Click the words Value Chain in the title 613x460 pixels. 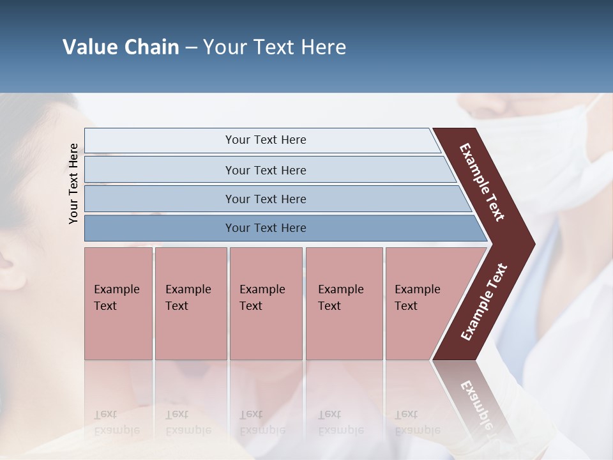pyautogui.click(x=121, y=47)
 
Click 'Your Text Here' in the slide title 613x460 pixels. pyautogui.click(x=275, y=47)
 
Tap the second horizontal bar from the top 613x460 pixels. pyautogui.click(x=266, y=170)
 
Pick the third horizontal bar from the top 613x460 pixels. pyautogui.click(x=266, y=199)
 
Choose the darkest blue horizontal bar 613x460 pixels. pyautogui.click(x=266, y=228)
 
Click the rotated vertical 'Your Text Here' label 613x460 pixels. pyautogui.click(x=73, y=183)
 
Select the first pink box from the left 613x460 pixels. pyautogui.click(x=118, y=303)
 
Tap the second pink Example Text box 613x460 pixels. pyautogui.click(x=190, y=303)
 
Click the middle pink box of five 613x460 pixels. pyautogui.click(x=266, y=303)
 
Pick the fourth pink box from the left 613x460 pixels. pyautogui.click(x=344, y=303)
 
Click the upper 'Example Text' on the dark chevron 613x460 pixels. pyautogui.click(x=482, y=182)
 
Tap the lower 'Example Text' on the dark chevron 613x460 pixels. pyautogui.click(x=483, y=302)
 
